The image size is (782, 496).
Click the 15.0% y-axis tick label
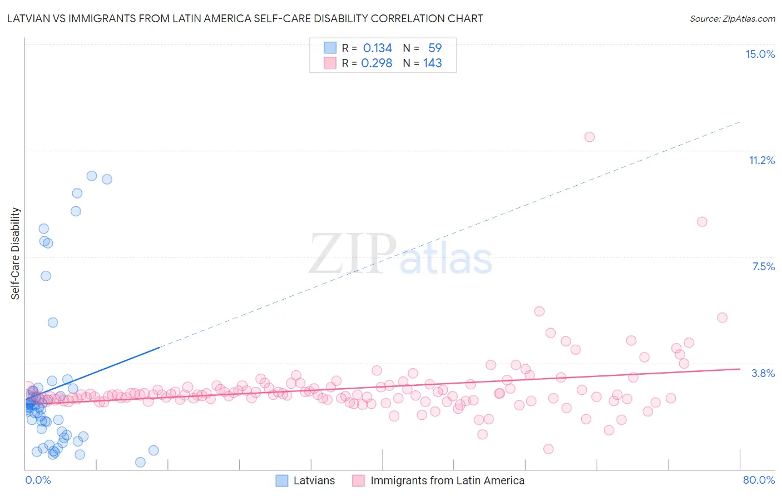pyautogui.click(x=760, y=54)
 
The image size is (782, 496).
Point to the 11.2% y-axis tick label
pyautogui.click(x=761, y=160)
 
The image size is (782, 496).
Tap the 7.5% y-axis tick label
pyautogui.click(x=763, y=266)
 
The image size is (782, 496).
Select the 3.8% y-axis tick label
pyautogui.click(x=763, y=373)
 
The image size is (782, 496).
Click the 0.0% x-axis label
pyautogui.click(x=38, y=480)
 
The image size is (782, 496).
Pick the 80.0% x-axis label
pyautogui.click(x=759, y=480)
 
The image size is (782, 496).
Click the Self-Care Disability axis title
pyautogui.click(x=16, y=254)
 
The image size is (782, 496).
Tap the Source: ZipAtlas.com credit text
pyautogui.click(x=732, y=18)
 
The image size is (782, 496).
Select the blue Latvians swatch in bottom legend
pyautogui.click(x=282, y=480)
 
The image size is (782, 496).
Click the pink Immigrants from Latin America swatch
pyautogui.click(x=359, y=480)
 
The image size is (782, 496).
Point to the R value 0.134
pyautogui.click(x=377, y=48)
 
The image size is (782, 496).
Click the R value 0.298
pyautogui.click(x=377, y=63)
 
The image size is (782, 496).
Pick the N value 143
pyautogui.click(x=432, y=63)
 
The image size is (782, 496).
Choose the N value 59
pyautogui.click(x=434, y=48)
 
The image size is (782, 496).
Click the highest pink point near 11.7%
pyautogui.click(x=590, y=137)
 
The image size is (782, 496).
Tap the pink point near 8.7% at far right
pyautogui.click(x=702, y=222)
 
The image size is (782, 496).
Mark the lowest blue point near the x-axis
pyautogui.click(x=140, y=462)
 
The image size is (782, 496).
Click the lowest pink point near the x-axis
pyautogui.click(x=548, y=449)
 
